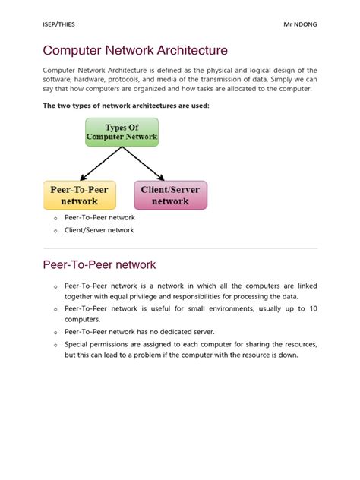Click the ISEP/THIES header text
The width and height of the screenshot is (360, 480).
click(x=58, y=24)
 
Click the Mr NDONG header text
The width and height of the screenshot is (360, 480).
click(x=300, y=24)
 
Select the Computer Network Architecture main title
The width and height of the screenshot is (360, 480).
click(x=135, y=51)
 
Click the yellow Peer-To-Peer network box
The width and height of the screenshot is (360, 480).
click(x=80, y=195)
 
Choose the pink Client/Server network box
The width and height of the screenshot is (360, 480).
click(x=170, y=195)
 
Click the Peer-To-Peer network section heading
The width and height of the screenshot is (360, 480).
click(x=99, y=264)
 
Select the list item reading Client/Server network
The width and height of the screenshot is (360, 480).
click(x=99, y=230)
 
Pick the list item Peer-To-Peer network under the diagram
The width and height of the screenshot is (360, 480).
click(x=99, y=218)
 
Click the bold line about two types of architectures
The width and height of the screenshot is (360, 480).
click(x=125, y=105)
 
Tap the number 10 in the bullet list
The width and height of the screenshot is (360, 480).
click(x=313, y=308)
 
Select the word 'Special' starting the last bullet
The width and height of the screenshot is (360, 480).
click(x=77, y=344)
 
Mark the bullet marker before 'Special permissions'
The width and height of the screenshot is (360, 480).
click(x=55, y=345)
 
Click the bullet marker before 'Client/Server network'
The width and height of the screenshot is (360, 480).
click(x=55, y=231)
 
